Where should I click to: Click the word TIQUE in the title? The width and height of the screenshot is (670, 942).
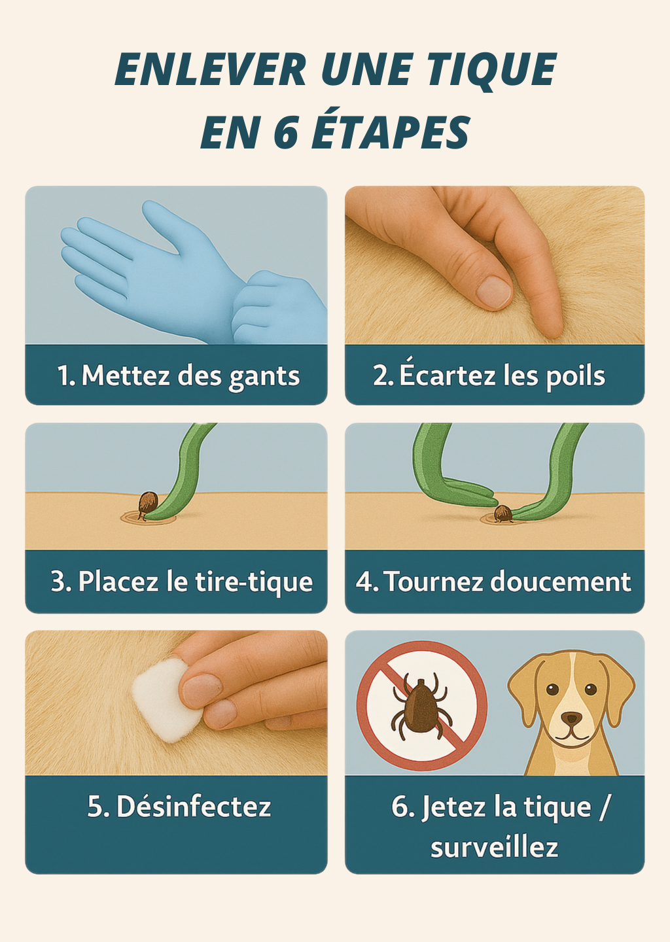[x=493, y=70]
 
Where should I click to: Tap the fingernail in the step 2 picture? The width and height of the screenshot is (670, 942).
[x=494, y=292]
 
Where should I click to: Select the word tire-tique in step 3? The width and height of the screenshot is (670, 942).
[x=254, y=583]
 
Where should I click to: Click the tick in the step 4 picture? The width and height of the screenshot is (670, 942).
[x=502, y=514]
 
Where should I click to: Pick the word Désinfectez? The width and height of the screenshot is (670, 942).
[x=194, y=807]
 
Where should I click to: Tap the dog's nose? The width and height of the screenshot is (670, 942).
[x=571, y=718]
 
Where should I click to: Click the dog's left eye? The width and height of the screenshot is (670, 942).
[x=591, y=689]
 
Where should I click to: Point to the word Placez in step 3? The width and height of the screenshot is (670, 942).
[x=118, y=582]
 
